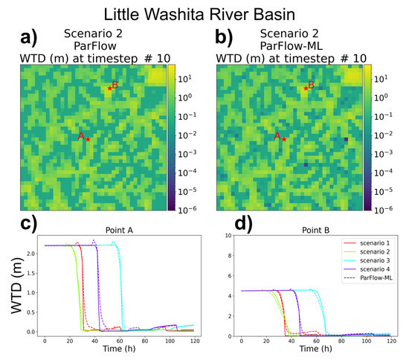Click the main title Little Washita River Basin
pos(204,13)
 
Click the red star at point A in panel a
pos(88,139)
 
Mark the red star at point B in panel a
pos(109,89)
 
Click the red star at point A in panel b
pos(283,139)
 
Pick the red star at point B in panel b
pos(305,89)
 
